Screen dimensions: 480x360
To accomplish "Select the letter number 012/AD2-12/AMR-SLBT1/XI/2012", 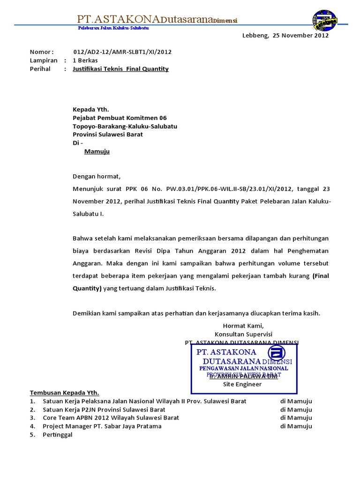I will click(x=122, y=52).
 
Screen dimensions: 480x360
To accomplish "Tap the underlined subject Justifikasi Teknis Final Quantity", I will click(x=120, y=69).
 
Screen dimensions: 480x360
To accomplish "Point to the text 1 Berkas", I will click(x=85, y=60).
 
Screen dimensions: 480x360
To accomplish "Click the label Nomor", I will click(x=42, y=52).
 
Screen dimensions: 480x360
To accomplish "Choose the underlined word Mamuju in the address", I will click(x=97, y=151).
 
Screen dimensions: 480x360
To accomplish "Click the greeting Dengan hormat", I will click(x=97, y=177).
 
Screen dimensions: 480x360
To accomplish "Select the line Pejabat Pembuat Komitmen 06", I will click(x=120, y=118).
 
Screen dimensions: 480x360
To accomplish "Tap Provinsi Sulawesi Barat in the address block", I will click(x=108, y=135).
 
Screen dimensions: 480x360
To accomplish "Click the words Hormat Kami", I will click(x=243, y=326).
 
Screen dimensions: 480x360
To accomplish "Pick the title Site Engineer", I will click(x=242, y=384).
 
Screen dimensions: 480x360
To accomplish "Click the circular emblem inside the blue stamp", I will click(x=277, y=353).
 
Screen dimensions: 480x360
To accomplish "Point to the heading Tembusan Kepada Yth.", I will click(x=65, y=393).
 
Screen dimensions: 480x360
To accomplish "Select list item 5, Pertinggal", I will click(x=58, y=435).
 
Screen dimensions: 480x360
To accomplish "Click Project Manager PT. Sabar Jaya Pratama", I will click(x=102, y=426).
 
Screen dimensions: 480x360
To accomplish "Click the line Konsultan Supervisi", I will click(x=243, y=334).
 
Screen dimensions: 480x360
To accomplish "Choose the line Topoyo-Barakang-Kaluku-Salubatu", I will click(x=125, y=126).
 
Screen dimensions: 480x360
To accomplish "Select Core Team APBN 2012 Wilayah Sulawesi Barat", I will click(x=111, y=418).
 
